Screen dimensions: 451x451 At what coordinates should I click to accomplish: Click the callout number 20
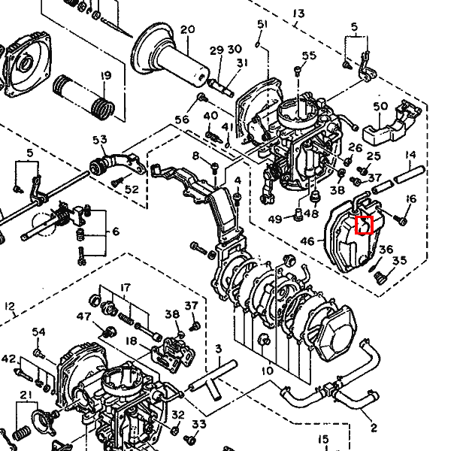pyautogui.click(x=187, y=29)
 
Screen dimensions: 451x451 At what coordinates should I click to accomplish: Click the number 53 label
pyautogui.click(x=100, y=140)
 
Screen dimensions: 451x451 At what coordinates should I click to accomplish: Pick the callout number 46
pyautogui.click(x=307, y=241)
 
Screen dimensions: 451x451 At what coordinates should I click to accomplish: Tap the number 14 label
pyautogui.click(x=410, y=156)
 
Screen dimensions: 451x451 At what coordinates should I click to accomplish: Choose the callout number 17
pyautogui.click(x=125, y=287)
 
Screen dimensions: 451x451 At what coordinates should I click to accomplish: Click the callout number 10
pyautogui.click(x=268, y=371)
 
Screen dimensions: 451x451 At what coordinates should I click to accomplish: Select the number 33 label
pyautogui.click(x=198, y=424)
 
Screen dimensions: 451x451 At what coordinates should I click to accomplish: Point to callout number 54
pyautogui.click(x=39, y=332)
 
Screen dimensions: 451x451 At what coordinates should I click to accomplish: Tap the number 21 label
pyautogui.click(x=25, y=395)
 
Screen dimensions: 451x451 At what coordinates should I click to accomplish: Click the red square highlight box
pyautogui.click(x=364, y=224)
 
